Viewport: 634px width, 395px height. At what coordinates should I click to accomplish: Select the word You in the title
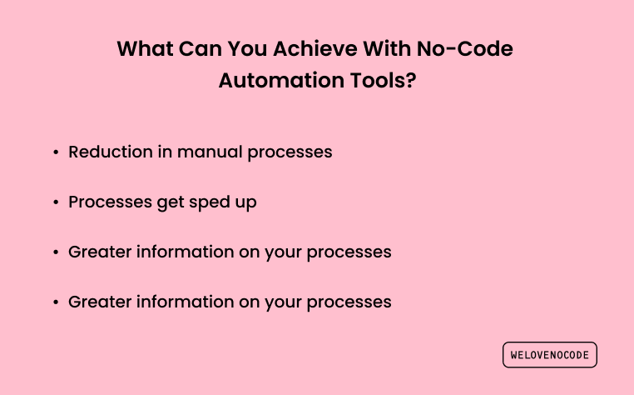(x=247, y=48)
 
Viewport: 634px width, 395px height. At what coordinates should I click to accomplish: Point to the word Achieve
(x=315, y=48)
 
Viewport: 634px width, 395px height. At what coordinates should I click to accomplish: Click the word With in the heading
(x=387, y=48)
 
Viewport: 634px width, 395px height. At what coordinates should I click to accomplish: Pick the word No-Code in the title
(x=464, y=48)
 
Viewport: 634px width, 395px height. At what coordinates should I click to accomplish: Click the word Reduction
(x=111, y=152)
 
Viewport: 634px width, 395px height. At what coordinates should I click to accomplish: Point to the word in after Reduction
(x=165, y=152)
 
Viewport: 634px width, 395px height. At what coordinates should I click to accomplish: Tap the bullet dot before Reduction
(x=56, y=152)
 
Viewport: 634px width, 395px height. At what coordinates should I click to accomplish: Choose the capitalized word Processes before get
(x=110, y=202)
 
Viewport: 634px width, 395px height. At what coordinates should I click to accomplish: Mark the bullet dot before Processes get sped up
(x=56, y=202)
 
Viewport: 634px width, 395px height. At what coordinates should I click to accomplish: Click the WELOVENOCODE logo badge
(x=550, y=355)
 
